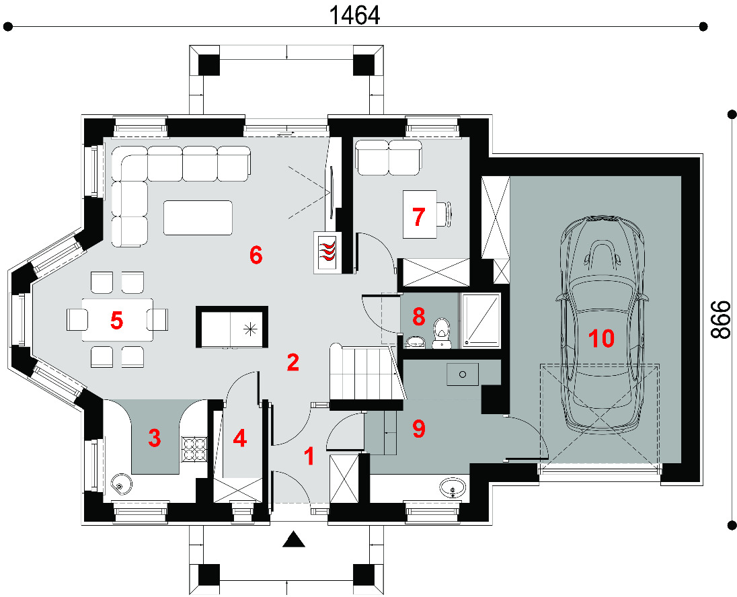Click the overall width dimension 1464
(x=354, y=15)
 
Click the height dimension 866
(x=720, y=319)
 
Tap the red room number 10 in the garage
(x=601, y=338)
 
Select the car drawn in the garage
(x=601, y=325)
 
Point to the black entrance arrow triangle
(x=294, y=539)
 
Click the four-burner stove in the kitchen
(x=194, y=448)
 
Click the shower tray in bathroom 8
(x=481, y=321)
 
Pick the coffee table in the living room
(x=198, y=218)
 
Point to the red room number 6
(x=256, y=255)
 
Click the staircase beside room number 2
(x=366, y=374)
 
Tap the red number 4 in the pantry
(x=239, y=438)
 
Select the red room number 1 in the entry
(x=309, y=456)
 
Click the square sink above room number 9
(x=463, y=374)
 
